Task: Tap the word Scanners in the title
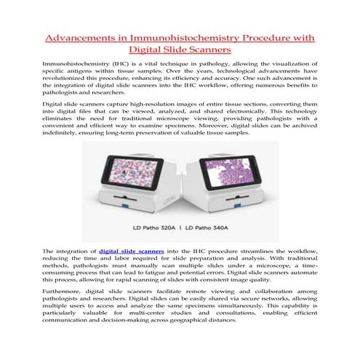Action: pos(207,50)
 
